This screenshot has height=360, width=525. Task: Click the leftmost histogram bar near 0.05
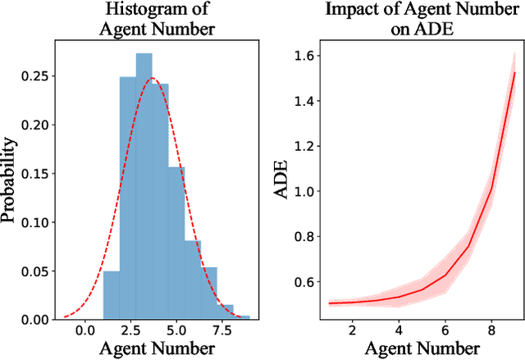tap(111, 295)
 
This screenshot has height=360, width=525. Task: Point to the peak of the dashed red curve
tap(152, 79)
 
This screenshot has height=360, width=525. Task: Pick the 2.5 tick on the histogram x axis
tap(129, 332)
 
